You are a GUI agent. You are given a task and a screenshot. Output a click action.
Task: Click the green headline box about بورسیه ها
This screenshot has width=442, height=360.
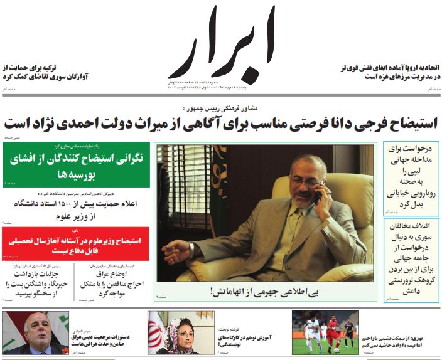click(76, 166)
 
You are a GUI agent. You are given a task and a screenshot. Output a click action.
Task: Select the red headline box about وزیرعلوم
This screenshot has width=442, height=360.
click(76, 243)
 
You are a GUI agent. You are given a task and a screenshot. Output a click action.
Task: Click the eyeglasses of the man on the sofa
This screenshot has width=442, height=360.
click(306, 181)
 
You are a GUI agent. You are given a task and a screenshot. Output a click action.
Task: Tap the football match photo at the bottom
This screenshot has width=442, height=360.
click(325, 332)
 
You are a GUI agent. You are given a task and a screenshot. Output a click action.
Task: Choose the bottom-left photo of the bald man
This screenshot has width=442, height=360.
click(35, 332)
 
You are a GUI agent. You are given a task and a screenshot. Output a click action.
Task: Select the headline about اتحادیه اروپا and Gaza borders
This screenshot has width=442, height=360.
click(389, 71)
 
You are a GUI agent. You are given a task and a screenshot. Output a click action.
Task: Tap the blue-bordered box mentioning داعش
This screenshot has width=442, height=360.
click(411, 260)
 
